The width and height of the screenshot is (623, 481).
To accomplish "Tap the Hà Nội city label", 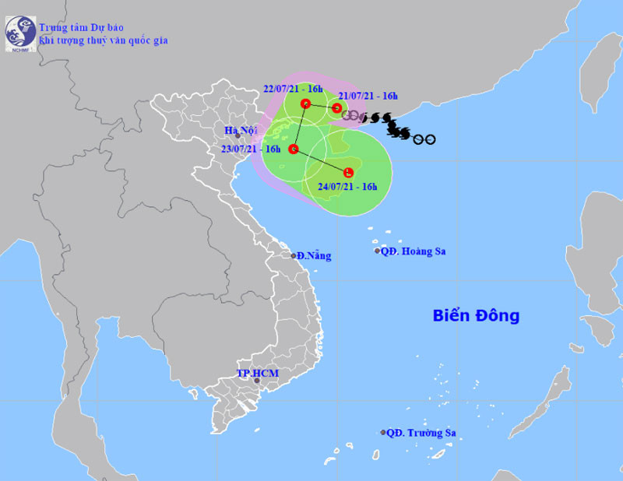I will coord(238,130).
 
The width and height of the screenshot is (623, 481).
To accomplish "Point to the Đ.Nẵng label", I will coord(315,255).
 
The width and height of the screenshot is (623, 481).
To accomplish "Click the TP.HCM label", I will coord(257,374).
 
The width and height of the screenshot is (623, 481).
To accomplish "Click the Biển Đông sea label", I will coord(476,316).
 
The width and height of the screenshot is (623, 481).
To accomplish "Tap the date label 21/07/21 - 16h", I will coord(370,97).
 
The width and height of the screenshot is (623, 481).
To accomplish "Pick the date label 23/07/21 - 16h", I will coord(251,148).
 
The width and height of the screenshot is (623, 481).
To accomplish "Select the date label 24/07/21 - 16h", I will coord(347,187).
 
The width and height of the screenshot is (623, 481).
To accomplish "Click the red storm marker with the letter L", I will coord(349,171).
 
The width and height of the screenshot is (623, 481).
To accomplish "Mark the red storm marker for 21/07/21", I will coord(337,108).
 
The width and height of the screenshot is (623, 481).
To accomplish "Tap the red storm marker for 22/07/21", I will coord(305,103).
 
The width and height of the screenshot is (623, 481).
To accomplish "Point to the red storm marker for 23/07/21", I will coord(294,149).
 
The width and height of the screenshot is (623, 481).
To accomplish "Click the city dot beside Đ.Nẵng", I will coord(294,255).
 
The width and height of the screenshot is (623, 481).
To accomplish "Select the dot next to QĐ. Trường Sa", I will coord(383,433).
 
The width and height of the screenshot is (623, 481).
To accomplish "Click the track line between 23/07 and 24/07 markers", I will coord(321,160).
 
